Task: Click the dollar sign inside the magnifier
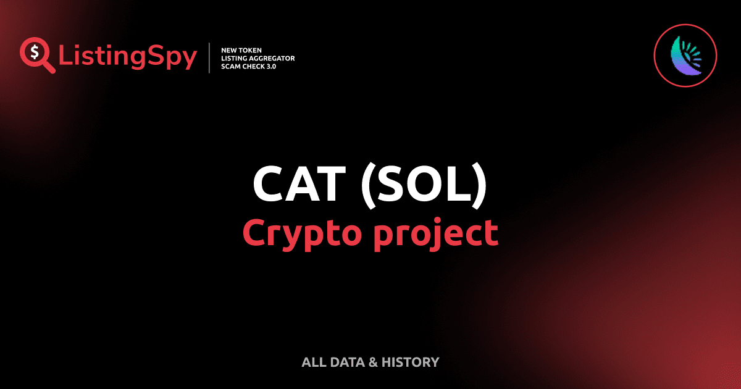[x=34, y=52]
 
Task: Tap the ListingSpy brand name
[x=128, y=57]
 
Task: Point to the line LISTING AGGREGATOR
[x=257, y=57]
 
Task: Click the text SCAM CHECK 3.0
[x=248, y=66]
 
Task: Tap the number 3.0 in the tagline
[x=270, y=66]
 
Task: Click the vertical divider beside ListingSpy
[x=211, y=57]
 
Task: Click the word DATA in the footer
[x=346, y=362]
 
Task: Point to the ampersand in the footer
[x=372, y=362]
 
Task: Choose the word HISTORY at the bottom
[x=409, y=362]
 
